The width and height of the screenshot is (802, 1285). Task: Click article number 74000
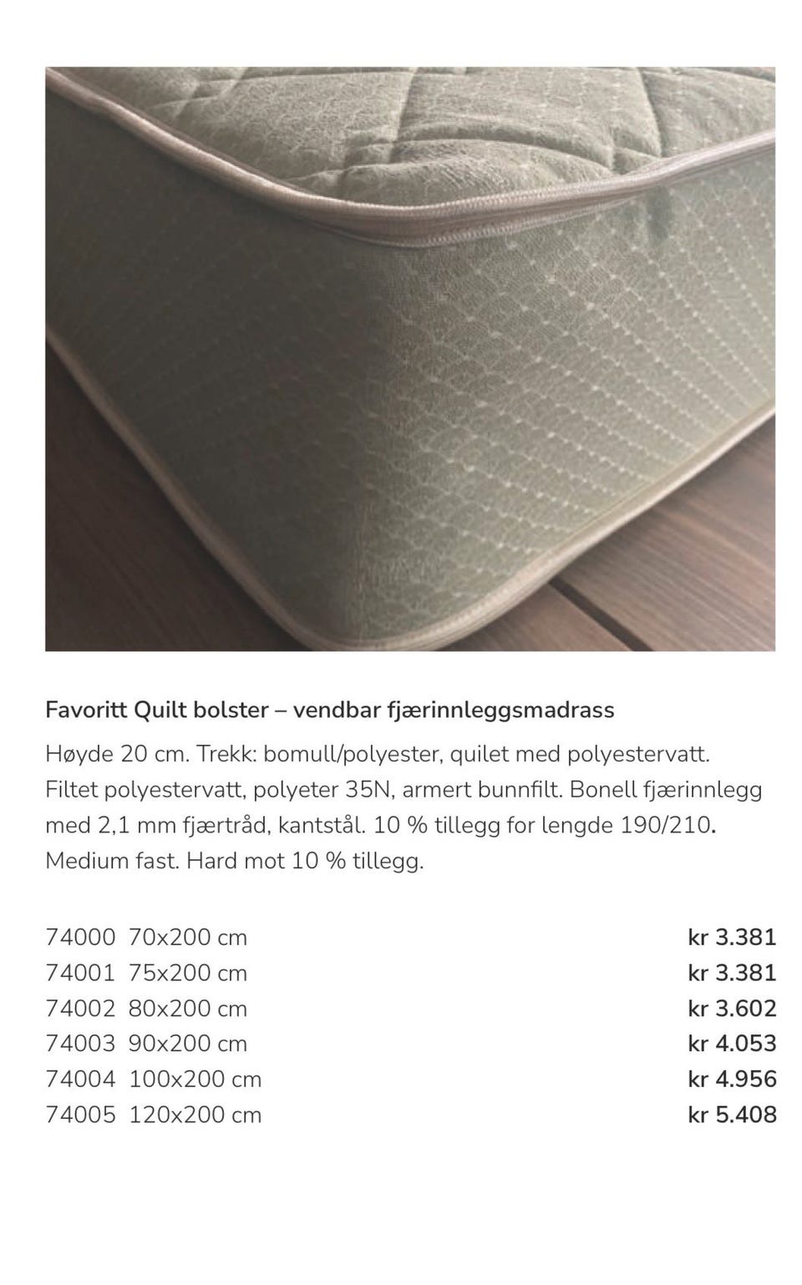(80, 938)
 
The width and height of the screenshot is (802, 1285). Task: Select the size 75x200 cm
(188, 974)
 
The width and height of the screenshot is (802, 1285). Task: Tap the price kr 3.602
(732, 1009)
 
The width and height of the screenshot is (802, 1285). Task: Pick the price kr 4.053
(732, 1044)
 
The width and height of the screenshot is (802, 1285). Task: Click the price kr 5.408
(732, 1115)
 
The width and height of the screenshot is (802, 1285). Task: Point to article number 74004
(80, 1080)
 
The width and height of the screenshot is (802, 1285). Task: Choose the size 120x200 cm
(195, 1115)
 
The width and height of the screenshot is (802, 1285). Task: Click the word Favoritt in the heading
(85, 710)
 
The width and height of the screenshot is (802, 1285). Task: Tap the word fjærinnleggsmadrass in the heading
(500, 710)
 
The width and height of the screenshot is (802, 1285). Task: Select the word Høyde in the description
(79, 755)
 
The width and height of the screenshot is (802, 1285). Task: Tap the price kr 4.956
(732, 1080)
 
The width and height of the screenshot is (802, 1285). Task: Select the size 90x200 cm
(188, 1044)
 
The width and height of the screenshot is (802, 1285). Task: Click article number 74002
(80, 1009)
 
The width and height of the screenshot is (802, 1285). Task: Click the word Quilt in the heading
(160, 710)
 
